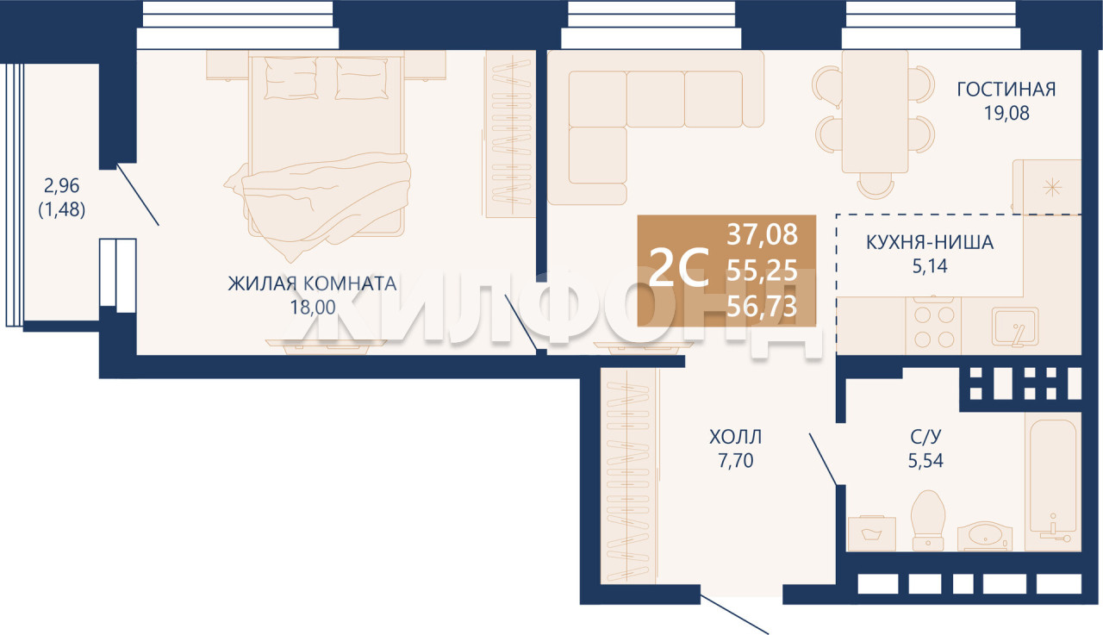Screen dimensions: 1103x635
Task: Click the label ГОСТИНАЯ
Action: [1006, 90]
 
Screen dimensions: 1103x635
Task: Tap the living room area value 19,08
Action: [1006, 113]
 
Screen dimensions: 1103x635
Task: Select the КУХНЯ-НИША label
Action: [930, 243]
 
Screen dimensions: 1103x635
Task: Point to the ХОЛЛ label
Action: [736, 437]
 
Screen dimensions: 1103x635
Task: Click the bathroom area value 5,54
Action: [925, 461]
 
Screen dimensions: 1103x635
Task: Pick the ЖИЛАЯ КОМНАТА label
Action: [312, 284]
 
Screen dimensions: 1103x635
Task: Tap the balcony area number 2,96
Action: [61, 186]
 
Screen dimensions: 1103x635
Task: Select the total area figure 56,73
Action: [763, 308]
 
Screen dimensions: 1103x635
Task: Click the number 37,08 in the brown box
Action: [763, 234]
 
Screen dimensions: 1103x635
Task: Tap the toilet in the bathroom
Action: [928, 520]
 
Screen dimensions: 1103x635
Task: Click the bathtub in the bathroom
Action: [1053, 482]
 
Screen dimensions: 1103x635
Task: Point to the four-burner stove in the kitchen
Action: [933, 326]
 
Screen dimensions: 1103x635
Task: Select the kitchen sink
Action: [1015, 327]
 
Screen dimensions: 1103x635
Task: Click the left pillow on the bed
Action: [290, 78]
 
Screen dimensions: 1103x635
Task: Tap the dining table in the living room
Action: [875, 112]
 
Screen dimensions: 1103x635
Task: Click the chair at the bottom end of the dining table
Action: [876, 186]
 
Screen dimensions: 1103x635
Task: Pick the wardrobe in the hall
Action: [629, 476]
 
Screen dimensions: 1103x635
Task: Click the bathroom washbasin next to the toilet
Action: [985, 536]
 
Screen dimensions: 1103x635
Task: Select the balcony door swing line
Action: [137, 195]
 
